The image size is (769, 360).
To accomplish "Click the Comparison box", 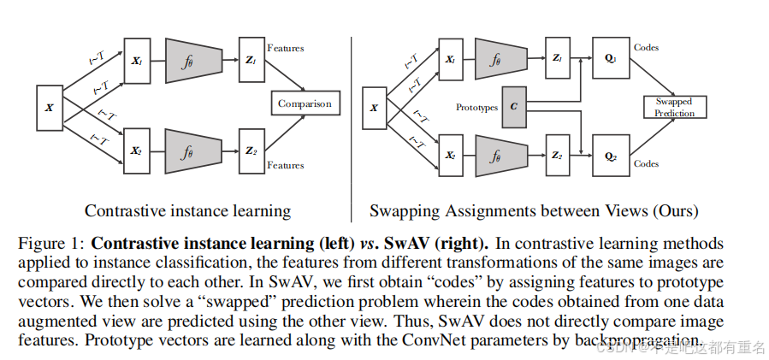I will click(x=304, y=104).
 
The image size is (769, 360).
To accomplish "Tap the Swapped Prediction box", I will click(x=674, y=107).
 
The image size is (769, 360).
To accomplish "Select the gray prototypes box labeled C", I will click(x=513, y=107).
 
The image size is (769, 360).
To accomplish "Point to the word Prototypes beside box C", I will click(x=476, y=108).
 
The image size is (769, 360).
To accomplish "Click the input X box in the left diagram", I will click(x=49, y=108).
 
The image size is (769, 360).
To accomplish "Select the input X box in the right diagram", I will click(x=374, y=108).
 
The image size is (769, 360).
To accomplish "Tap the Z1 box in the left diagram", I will click(x=251, y=59).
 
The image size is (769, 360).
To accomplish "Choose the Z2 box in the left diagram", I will click(x=251, y=152).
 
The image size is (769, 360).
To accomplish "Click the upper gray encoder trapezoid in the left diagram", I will click(x=187, y=60).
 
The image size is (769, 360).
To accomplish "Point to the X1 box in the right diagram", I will click(x=449, y=59).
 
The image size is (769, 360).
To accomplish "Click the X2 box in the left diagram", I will click(x=136, y=151).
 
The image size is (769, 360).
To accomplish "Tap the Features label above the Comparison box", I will click(x=286, y=49).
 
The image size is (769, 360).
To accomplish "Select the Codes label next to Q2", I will click(x=646, y=163).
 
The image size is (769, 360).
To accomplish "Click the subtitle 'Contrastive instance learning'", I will click(x=187, y=210).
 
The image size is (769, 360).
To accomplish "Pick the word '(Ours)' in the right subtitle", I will click(x=675, y=210).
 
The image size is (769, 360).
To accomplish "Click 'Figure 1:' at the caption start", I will click(x=50, y=244).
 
